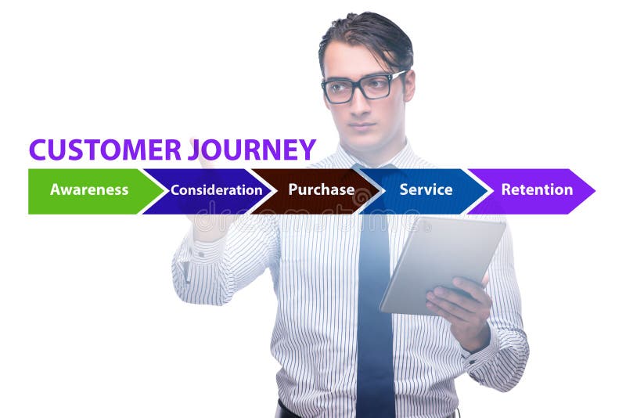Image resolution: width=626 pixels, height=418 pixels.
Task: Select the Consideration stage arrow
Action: click(211, 191)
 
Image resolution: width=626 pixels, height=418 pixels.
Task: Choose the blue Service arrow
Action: click(426, 191)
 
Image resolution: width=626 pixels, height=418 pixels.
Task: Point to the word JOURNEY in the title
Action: click(252, 150)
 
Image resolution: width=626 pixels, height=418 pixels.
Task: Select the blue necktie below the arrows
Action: click(374, 313)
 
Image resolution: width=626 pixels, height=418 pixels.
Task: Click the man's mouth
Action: click(362, 125)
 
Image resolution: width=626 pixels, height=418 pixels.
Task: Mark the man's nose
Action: click(361, 106)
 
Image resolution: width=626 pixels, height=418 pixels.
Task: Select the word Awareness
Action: click(89, 189)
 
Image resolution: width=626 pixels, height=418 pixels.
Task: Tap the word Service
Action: click(426, 189)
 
